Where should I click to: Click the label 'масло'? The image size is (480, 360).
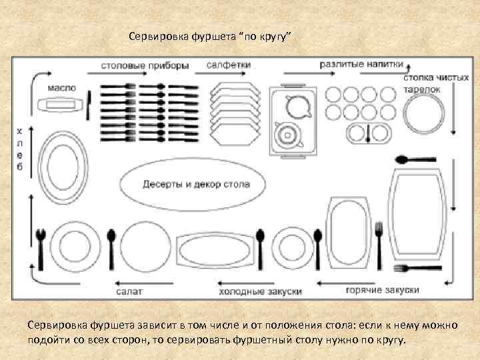[61, 87]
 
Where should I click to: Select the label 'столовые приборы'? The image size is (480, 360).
[145, 65]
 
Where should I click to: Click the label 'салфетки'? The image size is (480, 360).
[228, 65]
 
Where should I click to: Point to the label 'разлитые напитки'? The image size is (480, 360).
[361, 65]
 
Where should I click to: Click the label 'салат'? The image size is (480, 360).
[128, 291]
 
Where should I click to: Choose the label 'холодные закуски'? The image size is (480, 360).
[260, 291]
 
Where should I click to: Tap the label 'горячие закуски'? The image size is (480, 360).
[382, 291]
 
